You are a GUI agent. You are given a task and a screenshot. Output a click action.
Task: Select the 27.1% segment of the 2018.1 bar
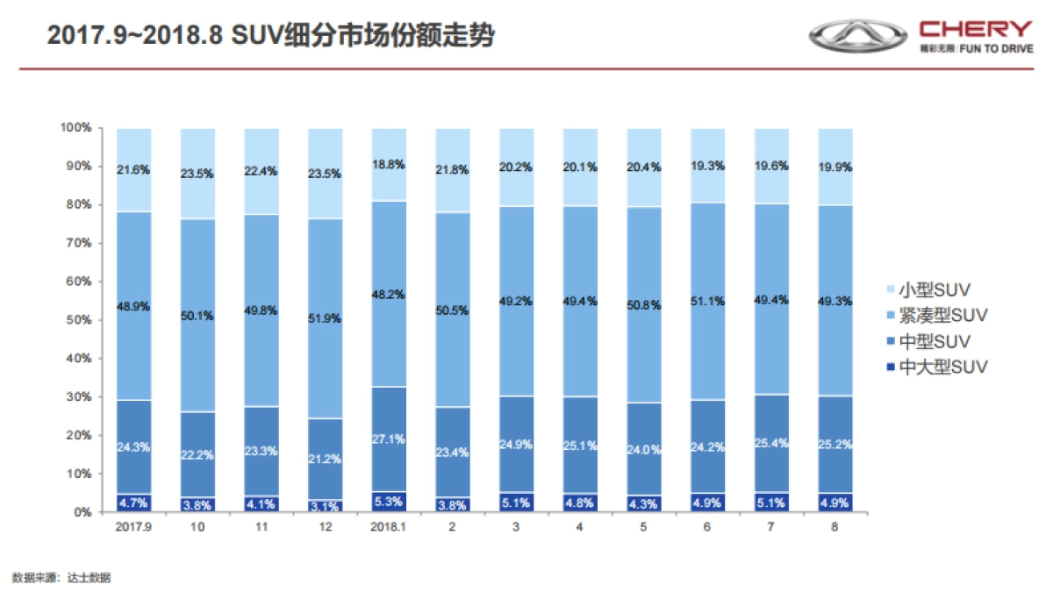(x=389, y=439)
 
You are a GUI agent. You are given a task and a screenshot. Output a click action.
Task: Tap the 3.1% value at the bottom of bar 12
(x=325, y=506)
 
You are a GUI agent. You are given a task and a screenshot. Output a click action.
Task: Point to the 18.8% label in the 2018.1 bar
(x=389, y=164)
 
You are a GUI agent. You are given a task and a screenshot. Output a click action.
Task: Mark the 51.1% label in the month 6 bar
(x=707, y=301)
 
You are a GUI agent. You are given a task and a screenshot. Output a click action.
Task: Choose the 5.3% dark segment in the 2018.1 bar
(x=389, y=503)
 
